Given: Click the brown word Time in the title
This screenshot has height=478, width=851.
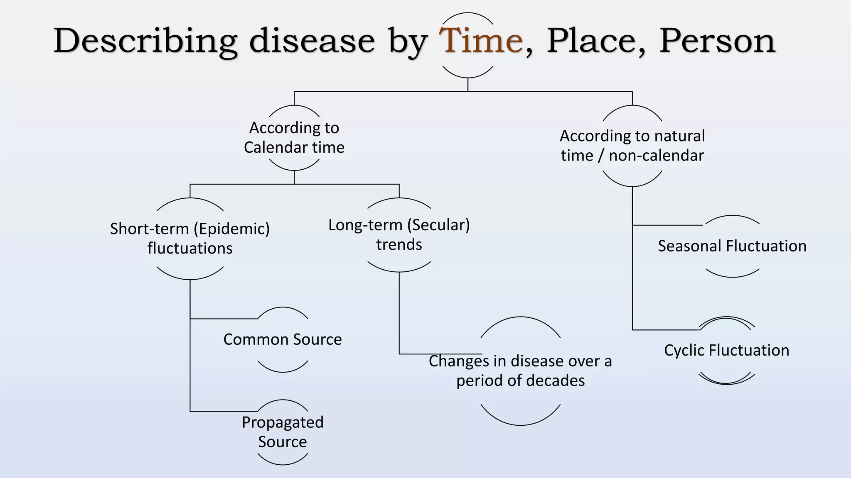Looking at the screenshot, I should (x=481, y=41).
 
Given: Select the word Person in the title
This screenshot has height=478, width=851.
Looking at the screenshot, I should (x=717, y=41).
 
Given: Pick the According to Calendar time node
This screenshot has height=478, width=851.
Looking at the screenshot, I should (x=294, y=137).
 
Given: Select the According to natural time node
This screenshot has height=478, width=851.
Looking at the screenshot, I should (x=632, y=145).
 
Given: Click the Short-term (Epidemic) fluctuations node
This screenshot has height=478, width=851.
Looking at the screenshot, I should (x=190, y=238).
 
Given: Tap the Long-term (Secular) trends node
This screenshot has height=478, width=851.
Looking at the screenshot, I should (x=399, y=234).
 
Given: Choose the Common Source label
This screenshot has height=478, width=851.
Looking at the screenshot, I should (x=283, y=339).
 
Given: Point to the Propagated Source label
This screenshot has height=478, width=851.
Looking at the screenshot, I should (x=283, y=432).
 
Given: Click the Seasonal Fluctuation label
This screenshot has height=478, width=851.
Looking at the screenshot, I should (x=732, y=246).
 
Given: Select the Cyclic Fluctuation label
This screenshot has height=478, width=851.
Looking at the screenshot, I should (x=726, y=350).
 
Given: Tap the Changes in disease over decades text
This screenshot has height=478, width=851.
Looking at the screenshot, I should (x=520, y=371).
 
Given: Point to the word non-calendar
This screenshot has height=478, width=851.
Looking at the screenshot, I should (x=656, y=156).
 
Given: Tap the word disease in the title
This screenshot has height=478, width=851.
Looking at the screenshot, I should (x=312, y=41).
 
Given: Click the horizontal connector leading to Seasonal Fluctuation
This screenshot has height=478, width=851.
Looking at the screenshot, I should (x=667, y=225).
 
